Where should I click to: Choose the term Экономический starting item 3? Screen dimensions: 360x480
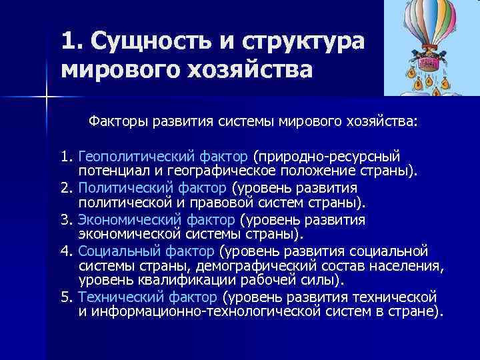[124, 220]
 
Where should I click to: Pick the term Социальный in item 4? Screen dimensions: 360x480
[113, 251]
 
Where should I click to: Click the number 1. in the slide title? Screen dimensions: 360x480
[70, 41]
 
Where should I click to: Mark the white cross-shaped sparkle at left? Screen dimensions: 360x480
[46, 99]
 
